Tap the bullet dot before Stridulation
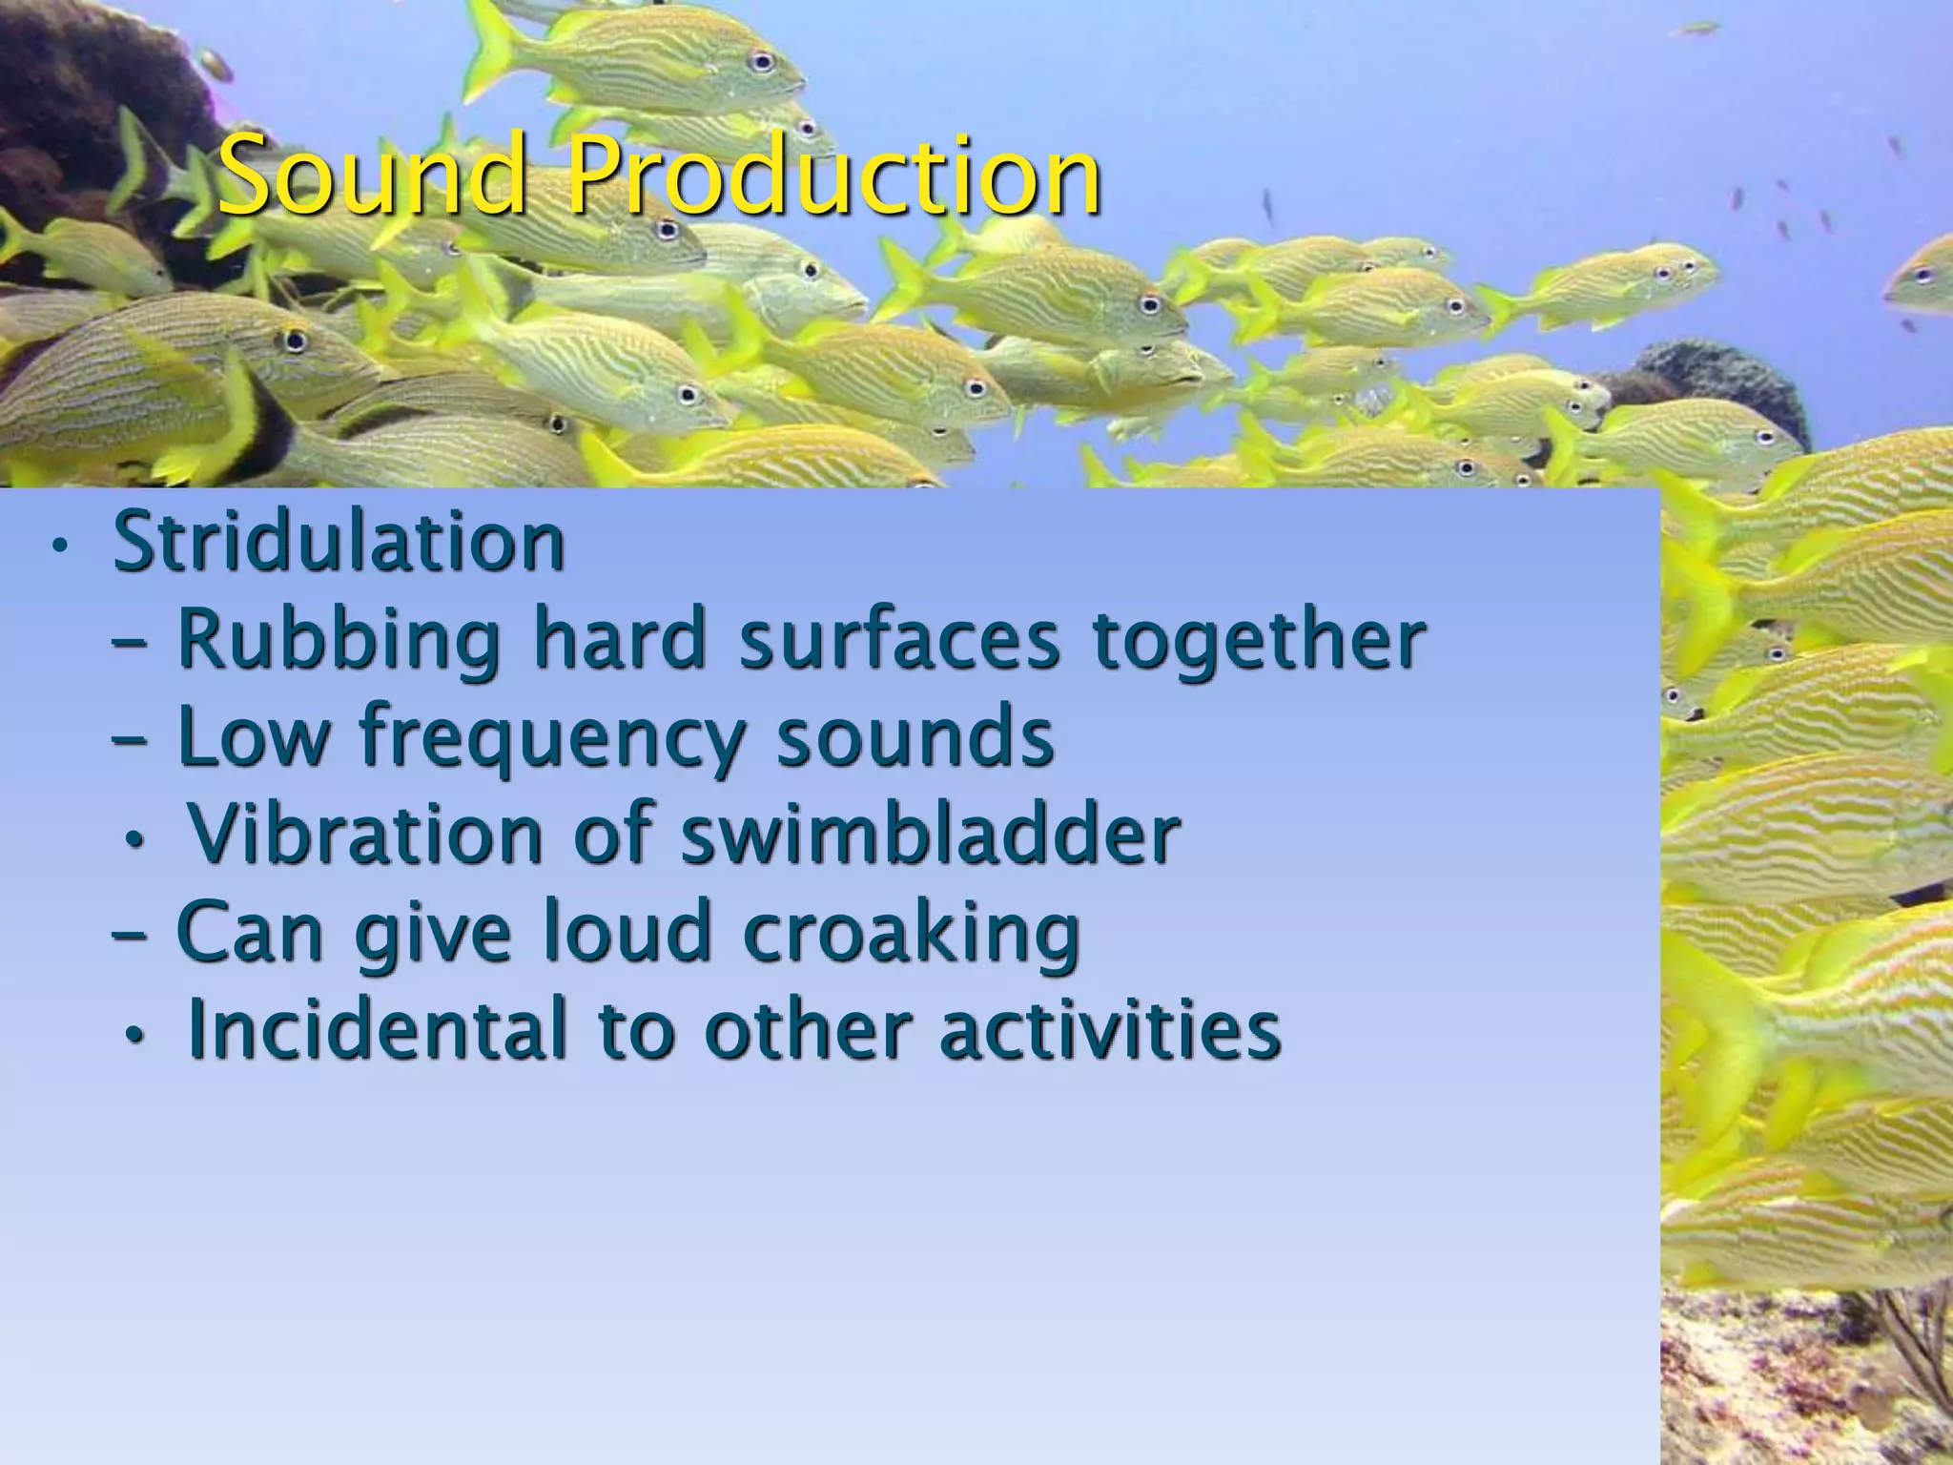click(x=60, y=547)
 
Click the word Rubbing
click(x=339, y=641)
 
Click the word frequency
click(x=553, y=739)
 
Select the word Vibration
click(x=366, y=835)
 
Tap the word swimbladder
click(x=930, y=835)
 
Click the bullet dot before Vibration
click(x=136, y=840)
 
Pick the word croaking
click(x=911, y=933)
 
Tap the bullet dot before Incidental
click(x=136, y=1036)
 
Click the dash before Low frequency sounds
click(x=130, y=740)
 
